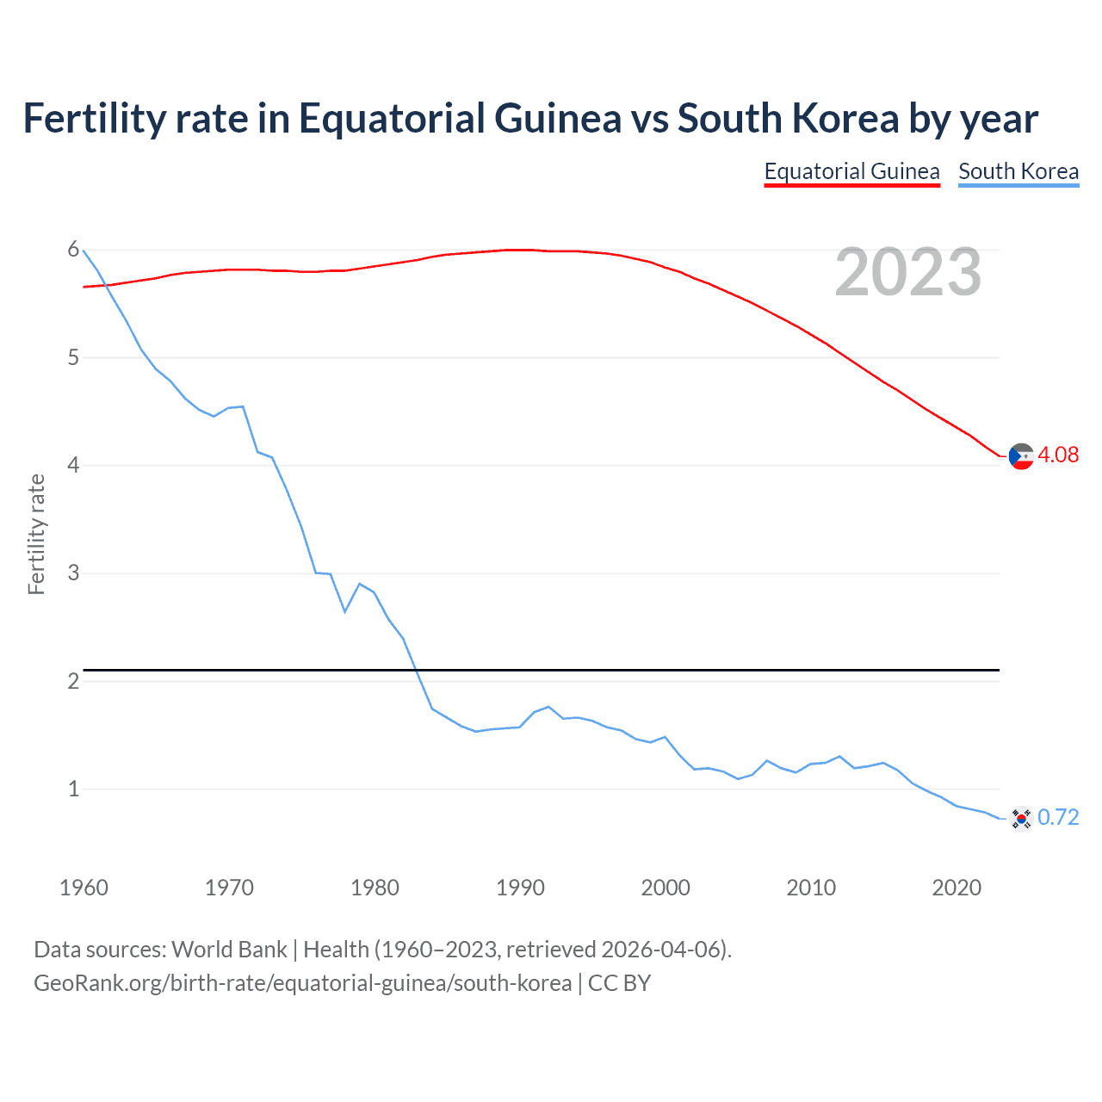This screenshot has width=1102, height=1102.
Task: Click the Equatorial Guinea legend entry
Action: (x=851, y=171)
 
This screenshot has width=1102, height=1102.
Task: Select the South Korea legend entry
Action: (x=1018, y=171)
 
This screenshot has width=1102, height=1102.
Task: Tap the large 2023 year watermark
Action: (x=907, y=272)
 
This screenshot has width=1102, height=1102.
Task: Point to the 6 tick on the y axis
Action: (x=73, y=250)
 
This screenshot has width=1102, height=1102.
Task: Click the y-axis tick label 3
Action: (x=73, y=573)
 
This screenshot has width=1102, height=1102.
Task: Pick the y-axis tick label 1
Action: (x=73, y=789)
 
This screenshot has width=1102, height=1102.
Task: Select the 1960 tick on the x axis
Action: (x=84, y=888)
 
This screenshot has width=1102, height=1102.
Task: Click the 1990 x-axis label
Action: (x=520, y=888)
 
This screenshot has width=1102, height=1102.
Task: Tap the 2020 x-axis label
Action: (x=957, y=888)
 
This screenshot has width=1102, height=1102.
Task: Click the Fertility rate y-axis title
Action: (x=36, y=534)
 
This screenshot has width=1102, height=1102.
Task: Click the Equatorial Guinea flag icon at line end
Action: (x=1021, y=455)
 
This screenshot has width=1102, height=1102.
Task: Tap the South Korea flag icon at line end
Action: (x=1021, y=818)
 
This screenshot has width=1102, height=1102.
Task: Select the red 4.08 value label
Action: (x=1058, y=455)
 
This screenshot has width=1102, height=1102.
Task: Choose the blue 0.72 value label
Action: (x=1058, y=817)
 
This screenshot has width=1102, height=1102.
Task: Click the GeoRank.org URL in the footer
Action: (x=302, y=983)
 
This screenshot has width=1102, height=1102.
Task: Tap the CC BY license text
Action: (x=619, y=983)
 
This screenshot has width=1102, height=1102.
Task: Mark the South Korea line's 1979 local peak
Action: (x=360, y=584)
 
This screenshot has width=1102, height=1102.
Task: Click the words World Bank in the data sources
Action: (x=229, y=950)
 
